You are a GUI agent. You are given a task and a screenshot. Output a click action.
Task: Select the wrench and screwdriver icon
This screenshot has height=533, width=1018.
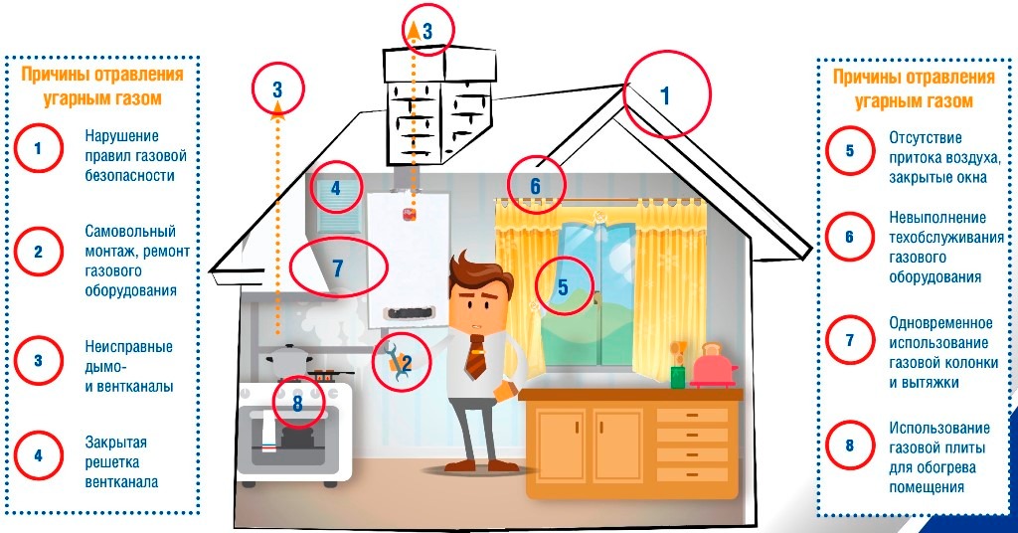[399, 362]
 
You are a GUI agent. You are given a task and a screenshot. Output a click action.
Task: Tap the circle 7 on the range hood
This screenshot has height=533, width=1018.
[336, 267]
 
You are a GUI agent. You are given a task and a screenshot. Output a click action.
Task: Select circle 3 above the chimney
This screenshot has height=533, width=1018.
[427, 30]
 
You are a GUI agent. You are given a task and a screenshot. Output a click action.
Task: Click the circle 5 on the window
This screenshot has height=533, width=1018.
[563, 287]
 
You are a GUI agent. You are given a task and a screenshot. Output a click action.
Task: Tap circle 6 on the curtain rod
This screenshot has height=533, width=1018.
[535, 185]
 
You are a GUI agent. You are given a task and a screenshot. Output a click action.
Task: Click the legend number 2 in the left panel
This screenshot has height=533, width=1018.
[38, 251]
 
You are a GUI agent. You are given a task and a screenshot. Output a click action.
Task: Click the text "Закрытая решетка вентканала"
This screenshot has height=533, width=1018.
[122, 462]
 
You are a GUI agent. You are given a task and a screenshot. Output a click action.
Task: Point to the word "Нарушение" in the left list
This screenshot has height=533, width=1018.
[121, 135]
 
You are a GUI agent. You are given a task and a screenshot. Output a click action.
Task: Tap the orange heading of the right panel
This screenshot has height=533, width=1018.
[913, 89]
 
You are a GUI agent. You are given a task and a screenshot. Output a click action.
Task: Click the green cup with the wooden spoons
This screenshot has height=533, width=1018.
[678, 375]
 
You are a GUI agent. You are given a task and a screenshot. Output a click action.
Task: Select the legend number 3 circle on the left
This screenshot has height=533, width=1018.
[38, 360]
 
